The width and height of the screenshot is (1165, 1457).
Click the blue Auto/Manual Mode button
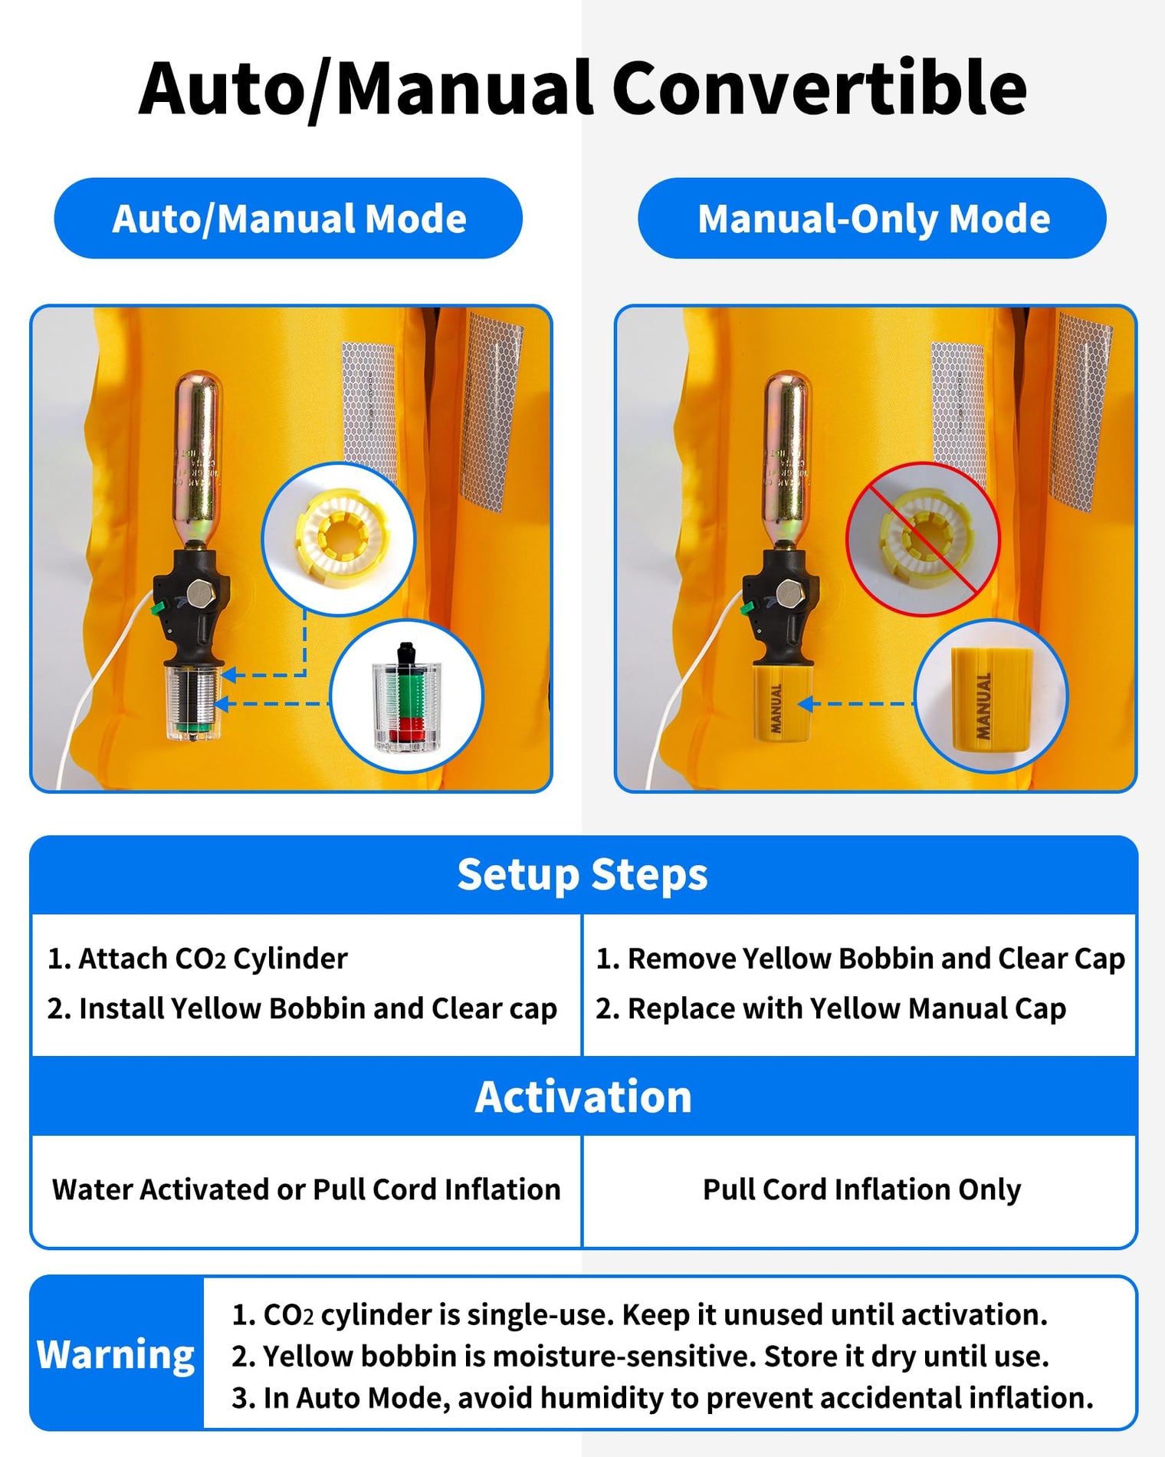pos(288,219)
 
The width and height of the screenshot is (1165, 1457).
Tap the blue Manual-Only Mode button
pos(872,219)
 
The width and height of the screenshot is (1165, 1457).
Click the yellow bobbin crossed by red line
pos(922,538)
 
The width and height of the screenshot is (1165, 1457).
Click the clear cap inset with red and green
pos(406,696)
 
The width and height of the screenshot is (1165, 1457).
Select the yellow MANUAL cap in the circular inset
pos(991,696)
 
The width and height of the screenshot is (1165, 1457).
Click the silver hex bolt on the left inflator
pos(200,594)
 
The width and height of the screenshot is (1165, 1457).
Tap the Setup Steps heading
pos(582,875)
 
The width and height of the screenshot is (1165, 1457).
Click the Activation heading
pos(582,1097)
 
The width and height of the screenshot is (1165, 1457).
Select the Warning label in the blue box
pos(116,1354)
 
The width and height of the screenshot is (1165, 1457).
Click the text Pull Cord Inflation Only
pos(861,1189)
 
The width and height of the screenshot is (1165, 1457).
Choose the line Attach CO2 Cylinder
pos(198,959)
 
